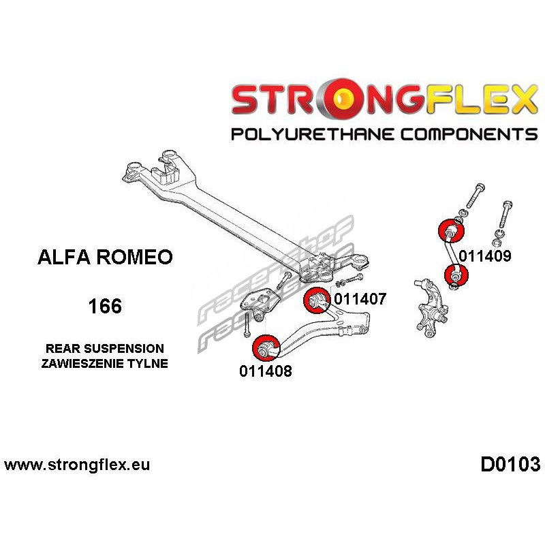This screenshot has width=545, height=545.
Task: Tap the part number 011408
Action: (x=266, y=371)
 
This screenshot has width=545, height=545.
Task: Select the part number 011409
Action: (x=484, y=257)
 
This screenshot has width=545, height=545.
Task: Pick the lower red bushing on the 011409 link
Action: (x=455, y=275)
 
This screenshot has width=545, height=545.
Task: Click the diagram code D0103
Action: (x=510, y=465)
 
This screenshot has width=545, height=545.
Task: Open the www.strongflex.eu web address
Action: (x=77, y=465)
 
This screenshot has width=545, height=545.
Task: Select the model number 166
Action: (x=105, y=306)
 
